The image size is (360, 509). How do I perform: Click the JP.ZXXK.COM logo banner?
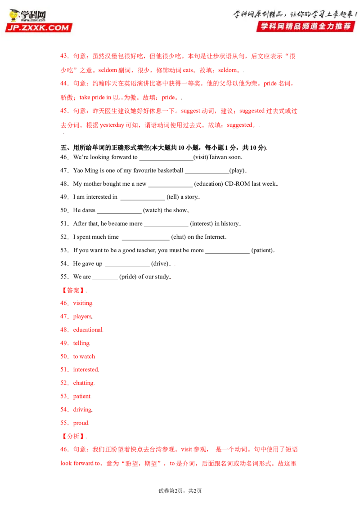tap(39, 27)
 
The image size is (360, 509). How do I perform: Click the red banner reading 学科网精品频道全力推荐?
tap(306, 26)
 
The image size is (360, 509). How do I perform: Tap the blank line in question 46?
tap(166, 160)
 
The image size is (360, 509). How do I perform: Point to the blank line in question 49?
tap(143, 199)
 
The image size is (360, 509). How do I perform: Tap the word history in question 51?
tap(229, 223)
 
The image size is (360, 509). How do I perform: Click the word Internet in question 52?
tap(215, 237)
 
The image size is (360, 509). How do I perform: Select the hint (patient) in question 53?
tap(262, 250)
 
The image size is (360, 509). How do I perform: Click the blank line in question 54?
tap(127, 266)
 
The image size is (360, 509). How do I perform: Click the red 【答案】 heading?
tap(73, 290)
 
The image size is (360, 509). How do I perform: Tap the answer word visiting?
tap(82, 303)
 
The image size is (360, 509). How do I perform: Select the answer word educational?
tap(88, 330)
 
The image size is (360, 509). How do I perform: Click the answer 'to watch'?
tap(84, 357)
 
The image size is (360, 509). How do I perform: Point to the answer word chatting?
tap(83, 383)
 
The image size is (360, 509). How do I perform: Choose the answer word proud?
tap(81, 423)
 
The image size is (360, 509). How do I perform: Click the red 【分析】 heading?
tap(73, 436)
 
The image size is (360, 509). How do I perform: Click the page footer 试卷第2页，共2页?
tap(180, 491)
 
